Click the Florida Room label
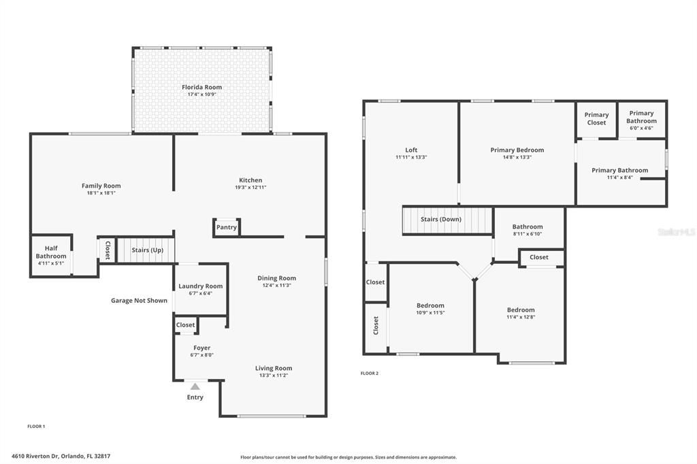[x=201, y=87]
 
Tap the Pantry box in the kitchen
[x=227, y=227]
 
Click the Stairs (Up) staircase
[x=146, y=250]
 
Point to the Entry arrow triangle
[x=195, y=386]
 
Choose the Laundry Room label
[x=201, y=286]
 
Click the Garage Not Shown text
[x=139, y=301]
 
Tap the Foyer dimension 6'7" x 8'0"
[x=201, y=355]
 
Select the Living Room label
[x=274, y=368]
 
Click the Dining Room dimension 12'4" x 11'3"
[x=276, y=285]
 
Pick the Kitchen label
[x=250, y=180]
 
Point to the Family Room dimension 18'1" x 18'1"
[x=101, y=193]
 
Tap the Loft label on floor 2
[x=411, y=150]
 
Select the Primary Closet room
[x=596, y=119]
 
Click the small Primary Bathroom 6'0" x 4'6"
[x=641, y=120]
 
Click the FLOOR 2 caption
[x=370, y=374]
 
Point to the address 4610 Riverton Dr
[x=35, y=456]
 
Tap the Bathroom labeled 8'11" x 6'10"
[x=528, y=230]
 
